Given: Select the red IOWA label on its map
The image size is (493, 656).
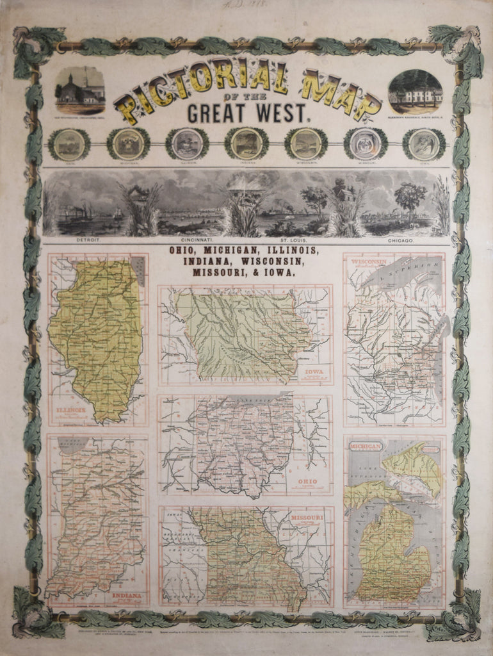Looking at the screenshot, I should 314,371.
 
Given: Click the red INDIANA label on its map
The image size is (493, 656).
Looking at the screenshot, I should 127,595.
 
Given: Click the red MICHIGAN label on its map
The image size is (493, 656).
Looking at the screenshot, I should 366,445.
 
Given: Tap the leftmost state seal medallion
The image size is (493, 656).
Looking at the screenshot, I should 69,144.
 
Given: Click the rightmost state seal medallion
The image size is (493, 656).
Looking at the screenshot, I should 424,144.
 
